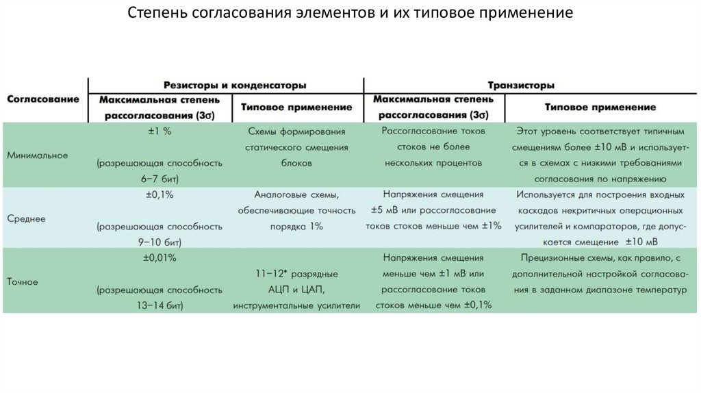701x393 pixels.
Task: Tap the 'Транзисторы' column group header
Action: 521,85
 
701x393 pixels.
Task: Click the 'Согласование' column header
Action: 43,99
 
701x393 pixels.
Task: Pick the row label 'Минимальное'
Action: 38,155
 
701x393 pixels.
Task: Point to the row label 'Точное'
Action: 23,281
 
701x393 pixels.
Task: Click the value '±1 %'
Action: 159,131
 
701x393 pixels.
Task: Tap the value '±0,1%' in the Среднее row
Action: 159,194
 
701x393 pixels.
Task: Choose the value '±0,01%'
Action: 159,258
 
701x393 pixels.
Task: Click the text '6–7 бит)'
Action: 159,178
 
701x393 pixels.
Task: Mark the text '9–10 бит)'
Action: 159,242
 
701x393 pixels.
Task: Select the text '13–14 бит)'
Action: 159,305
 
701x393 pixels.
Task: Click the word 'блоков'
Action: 296,164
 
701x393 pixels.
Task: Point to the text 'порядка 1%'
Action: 296,227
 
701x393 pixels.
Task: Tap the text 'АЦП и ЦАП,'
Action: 296,290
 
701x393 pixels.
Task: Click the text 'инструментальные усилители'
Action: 296,305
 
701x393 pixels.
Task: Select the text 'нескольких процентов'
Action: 433,163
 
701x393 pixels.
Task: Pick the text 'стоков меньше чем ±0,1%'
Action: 433,305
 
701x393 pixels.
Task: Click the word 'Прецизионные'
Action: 560,258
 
